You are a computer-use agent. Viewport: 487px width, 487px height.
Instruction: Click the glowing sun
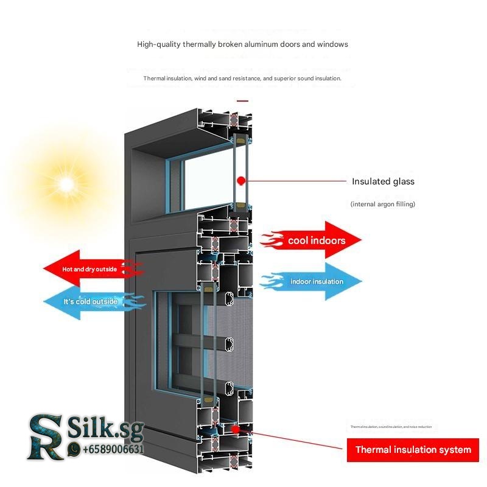[65, 183]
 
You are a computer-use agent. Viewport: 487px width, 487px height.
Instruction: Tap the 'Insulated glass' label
[383, 181]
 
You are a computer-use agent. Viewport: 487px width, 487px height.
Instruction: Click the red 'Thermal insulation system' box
[413, 450]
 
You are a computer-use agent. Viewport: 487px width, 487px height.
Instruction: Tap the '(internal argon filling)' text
[382, 204]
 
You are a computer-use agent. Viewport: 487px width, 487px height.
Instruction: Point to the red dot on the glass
[241, 180]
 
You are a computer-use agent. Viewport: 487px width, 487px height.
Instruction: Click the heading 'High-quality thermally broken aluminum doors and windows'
[242, 44]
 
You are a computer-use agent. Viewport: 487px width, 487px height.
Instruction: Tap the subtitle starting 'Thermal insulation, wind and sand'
[242, 79]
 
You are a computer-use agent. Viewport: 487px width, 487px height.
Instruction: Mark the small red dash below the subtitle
[243, 101]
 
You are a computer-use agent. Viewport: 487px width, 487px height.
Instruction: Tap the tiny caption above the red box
[391, 427]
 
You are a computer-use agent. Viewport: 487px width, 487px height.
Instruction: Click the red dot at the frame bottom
[235, 429]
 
